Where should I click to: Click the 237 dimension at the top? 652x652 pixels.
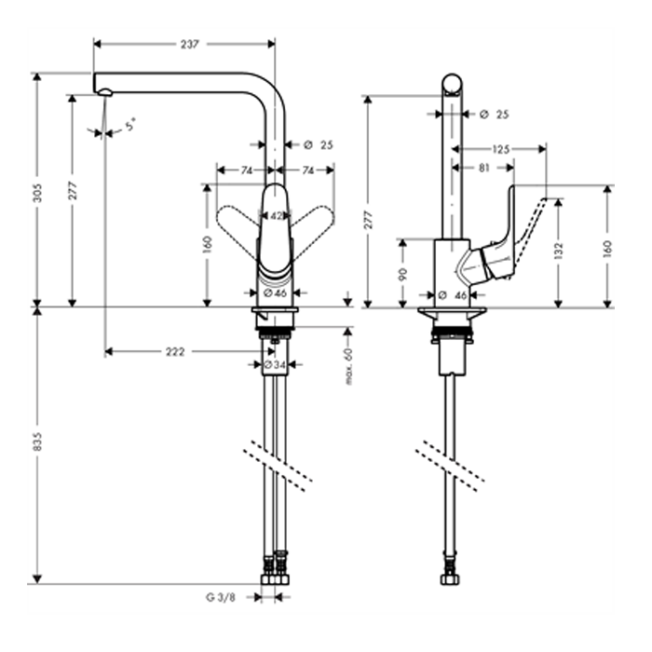[190, 44]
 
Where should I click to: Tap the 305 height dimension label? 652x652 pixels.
[37, 193]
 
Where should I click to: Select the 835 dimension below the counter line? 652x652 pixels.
[37, 441]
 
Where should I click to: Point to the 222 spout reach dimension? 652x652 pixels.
[175, 352]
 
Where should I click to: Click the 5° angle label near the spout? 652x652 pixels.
[130, 124]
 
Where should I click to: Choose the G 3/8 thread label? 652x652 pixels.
[221, 598]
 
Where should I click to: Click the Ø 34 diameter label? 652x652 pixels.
[275, 365]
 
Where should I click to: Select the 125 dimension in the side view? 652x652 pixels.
[501, 149]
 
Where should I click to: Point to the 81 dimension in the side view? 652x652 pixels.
[484, 168]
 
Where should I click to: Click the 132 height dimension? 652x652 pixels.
[559, 251]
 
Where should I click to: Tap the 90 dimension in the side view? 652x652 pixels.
[402, 274]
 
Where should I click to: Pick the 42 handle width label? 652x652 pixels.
[276, 216]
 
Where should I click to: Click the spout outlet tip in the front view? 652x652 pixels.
[105, 93]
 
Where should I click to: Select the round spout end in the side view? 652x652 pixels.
[452, 85]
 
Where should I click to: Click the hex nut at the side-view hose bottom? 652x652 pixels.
[450, 579]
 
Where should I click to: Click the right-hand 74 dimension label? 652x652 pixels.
[307, 170]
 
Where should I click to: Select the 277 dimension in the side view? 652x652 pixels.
[368, 221]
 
